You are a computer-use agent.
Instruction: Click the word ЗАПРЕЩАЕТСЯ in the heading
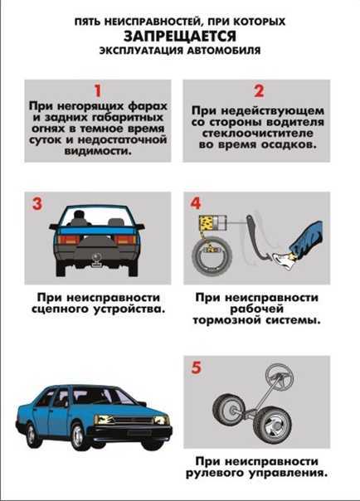pos(180,36)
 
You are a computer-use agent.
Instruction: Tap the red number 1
pos(96,91)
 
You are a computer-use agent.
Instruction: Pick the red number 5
pos(196,367)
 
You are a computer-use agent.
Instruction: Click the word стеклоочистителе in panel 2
pos(256,132)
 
